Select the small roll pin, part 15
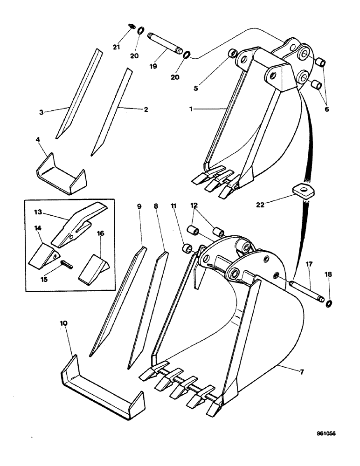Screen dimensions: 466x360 tap(65, 264)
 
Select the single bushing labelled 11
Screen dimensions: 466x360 tap(187, 247)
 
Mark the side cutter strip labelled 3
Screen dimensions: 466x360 tap(79, 93)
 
